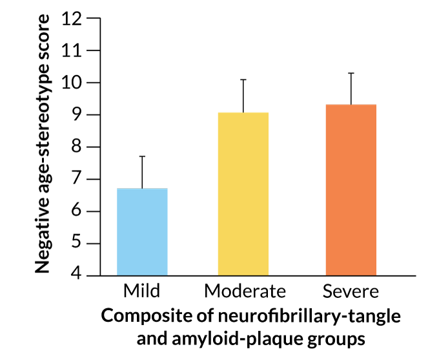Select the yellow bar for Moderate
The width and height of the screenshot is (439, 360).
243,194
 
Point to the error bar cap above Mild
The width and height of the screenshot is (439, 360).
142,156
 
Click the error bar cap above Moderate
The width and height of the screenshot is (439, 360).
243,79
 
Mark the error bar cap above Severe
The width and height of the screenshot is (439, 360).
351,73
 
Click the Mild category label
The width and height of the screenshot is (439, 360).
141,291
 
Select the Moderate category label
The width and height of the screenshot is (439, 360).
244,291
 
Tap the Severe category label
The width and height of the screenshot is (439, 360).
351,291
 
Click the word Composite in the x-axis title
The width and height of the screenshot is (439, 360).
145,317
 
